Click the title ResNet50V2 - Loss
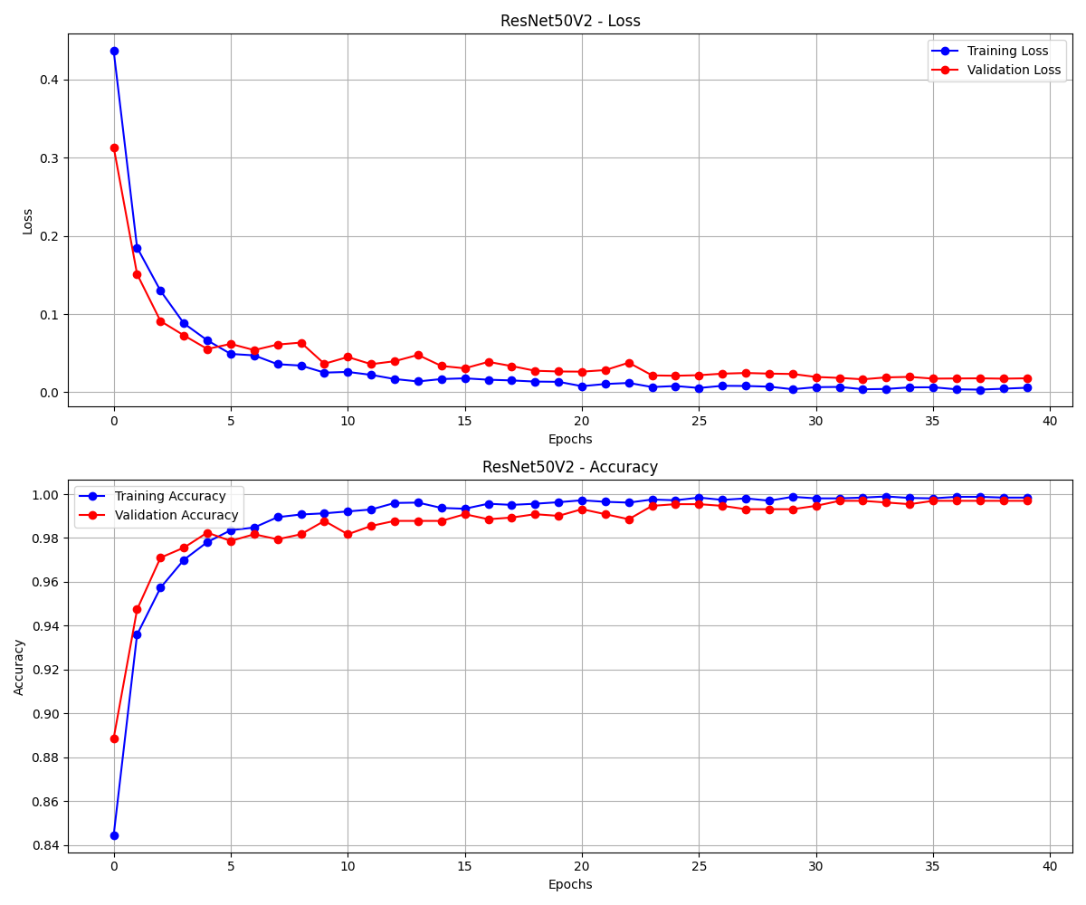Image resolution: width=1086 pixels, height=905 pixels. tap(570, 21)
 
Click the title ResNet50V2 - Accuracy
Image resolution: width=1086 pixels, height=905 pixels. tap(570, 467)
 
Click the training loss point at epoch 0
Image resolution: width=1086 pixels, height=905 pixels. tap(114, 51)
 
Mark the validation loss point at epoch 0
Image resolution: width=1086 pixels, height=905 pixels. tap(114, 148)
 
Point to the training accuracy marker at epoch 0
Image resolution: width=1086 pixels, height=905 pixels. tap(114, 835)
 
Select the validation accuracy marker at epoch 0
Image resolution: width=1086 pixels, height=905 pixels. tap(114, 738)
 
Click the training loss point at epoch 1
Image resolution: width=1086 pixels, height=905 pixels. tap(137, 248)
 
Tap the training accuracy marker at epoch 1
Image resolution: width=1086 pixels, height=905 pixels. tap(137, 634)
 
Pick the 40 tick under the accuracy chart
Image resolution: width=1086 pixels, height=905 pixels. tap(1050, 867)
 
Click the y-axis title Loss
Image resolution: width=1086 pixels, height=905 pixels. tap(27, 221)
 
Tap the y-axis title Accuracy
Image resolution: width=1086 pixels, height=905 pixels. tap(19, 667)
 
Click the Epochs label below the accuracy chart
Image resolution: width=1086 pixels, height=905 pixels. tap(570, 884)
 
